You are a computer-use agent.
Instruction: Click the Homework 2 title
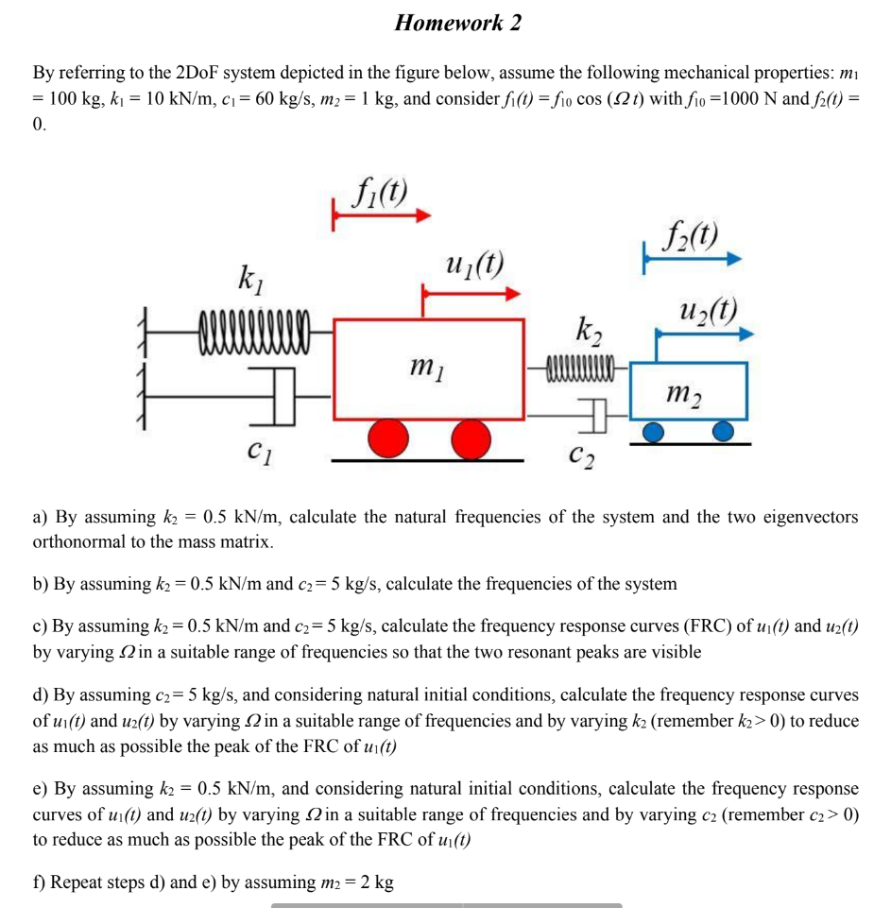pyautogui.click(x=458, y=23)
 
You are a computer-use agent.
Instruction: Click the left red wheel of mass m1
pyautogui.click(x=389, y=439)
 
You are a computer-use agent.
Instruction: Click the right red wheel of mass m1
pyautogui.click(x=471, y=439)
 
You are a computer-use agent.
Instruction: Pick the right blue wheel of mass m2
pyautogui.click(x=723, y=432)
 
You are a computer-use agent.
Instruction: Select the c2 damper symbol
pyautogui.click(x=589, y=410)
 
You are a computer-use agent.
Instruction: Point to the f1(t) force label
pyautogui.click(x=377, y=194)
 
